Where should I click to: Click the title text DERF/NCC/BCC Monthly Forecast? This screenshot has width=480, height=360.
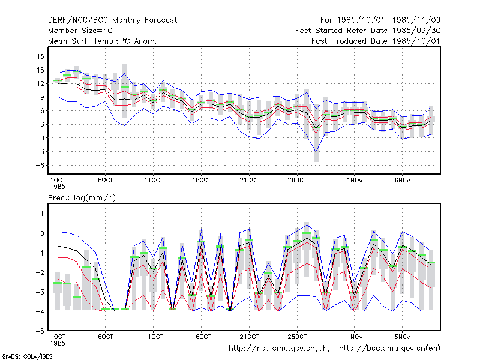[x=112, y=20]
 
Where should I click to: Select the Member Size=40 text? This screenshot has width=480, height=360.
[x=80, y=31]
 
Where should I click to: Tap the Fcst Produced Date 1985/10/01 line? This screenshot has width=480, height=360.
[x=376, y=41]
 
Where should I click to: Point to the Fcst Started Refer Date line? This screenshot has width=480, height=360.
[x=368, y=31]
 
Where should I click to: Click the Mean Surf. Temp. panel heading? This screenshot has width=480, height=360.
[x=102, y=41]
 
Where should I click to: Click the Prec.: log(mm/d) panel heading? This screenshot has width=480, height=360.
[x=82, y=198]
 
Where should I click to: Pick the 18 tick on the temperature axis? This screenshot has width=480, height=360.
[x=40, y=56]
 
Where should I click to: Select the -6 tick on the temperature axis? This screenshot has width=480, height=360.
[x=40, y=166]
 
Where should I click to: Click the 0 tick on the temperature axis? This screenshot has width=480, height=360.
[x=42, y=138]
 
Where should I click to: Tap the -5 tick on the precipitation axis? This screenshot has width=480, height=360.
[x=40, y=331]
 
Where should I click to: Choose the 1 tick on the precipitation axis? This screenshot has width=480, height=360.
[x=42, y=214]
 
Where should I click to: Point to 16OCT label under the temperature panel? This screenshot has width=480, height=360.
[x=202, y=180]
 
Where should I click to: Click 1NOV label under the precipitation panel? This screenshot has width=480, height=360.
[x=355, y=337]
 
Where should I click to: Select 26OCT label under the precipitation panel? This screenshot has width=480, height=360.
[x=297, y=337]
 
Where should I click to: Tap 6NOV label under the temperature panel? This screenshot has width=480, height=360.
[x=402, y=180]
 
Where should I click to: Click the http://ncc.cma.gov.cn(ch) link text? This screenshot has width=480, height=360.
[x=279, y=349]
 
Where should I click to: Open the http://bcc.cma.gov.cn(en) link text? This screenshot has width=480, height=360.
[x=389, y=349]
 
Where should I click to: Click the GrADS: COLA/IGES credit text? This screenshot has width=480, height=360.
[x=28, y=356]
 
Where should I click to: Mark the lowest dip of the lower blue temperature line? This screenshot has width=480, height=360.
[x=316, y=152]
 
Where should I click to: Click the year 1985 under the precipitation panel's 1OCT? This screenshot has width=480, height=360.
[x=58, y=343]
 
